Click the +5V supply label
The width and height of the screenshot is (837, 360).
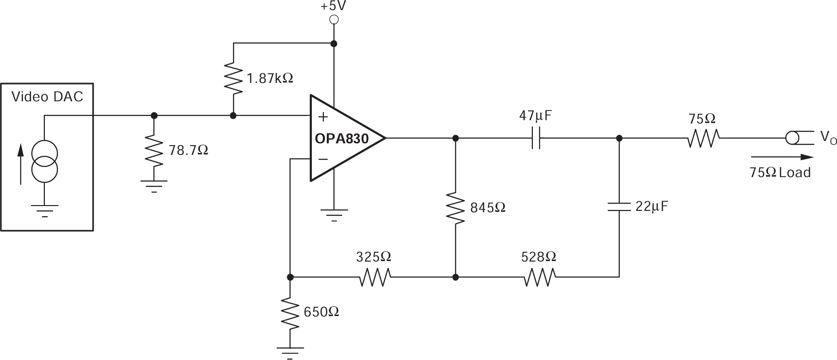click(333, 7)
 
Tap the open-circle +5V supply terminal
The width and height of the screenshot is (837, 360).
click(333, 20)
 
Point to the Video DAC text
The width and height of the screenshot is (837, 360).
click(47, 97)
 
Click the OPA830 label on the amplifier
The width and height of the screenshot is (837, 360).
click(341, 139)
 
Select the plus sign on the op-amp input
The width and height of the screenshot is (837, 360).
click(323, 117)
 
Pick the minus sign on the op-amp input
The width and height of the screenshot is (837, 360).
click(323, 159)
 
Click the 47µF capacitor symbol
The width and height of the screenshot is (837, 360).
click(536, 138)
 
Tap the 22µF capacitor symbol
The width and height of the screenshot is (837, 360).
click(619, 207)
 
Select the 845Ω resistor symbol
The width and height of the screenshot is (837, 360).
click(455, 208)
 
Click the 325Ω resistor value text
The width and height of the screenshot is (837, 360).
click(373, 257)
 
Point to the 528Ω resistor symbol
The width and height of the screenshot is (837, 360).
click(539, 277)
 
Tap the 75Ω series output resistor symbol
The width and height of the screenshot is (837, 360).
click(703, 138)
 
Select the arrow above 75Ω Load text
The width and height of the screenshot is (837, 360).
click(782, 157)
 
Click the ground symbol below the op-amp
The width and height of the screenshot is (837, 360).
click(334, 213)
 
